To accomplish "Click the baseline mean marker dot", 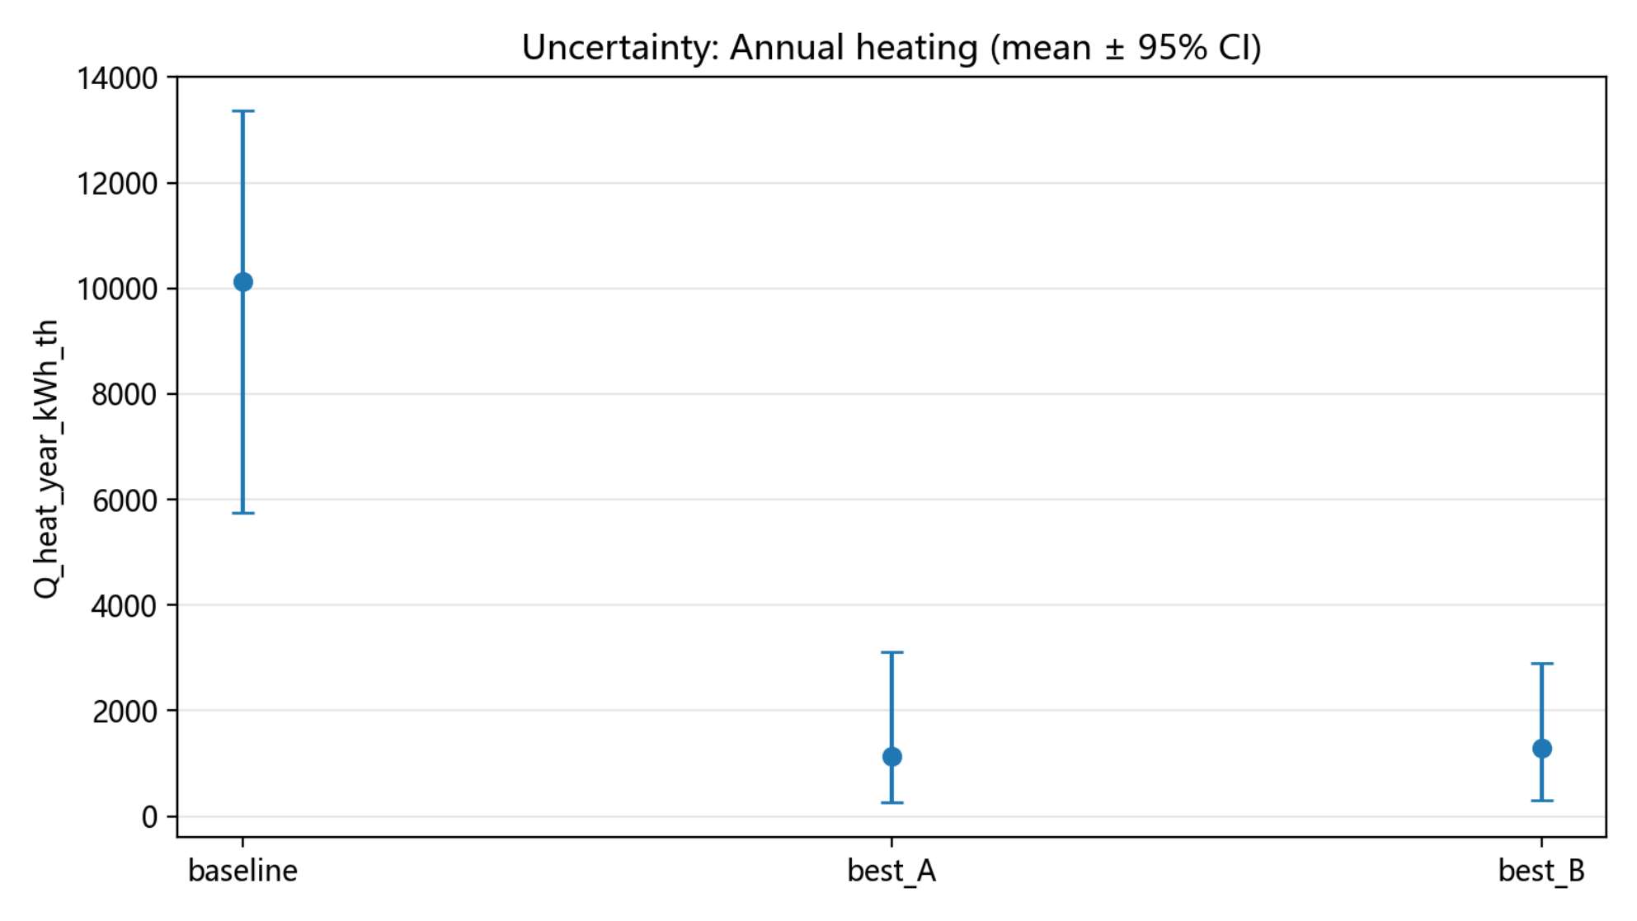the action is pyautogui.click(x=243, y=282).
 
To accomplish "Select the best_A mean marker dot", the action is pyautogui.click(x=892, y=757).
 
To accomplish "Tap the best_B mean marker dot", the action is pyautogui.click(x=1542, y=749).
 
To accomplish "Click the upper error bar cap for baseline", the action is pyautogui.click(x=243, y=110).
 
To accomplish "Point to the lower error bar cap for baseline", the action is pyautogui.click(x=243, y=513).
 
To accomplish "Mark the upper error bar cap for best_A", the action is pyautogui.click(x=892, y=652).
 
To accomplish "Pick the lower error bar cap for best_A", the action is pyautogui.click(x=892, y=802).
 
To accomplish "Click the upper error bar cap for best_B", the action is pyautogui.click(x=1542, y=663).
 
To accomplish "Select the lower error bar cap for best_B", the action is pyautogui.click(x=1542, y=801).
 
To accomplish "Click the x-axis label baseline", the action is pyautogui.click(x=243, y=871).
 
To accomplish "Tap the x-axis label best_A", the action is pyautogui.click(x=892, y=872).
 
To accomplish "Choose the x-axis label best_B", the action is pyautogui.click(x=1542, y=872).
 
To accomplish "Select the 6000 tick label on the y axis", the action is pyautogui.click(x=125, y=500).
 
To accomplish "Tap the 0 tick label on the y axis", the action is pyautogui.click(x=149, y=817).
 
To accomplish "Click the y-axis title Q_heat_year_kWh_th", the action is pyautogui.click(x=47, y=459).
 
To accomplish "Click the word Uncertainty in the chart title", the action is pyautogui.click(x=621, y=48).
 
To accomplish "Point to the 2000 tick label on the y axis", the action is pyautogui.click(x=125, y=712).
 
